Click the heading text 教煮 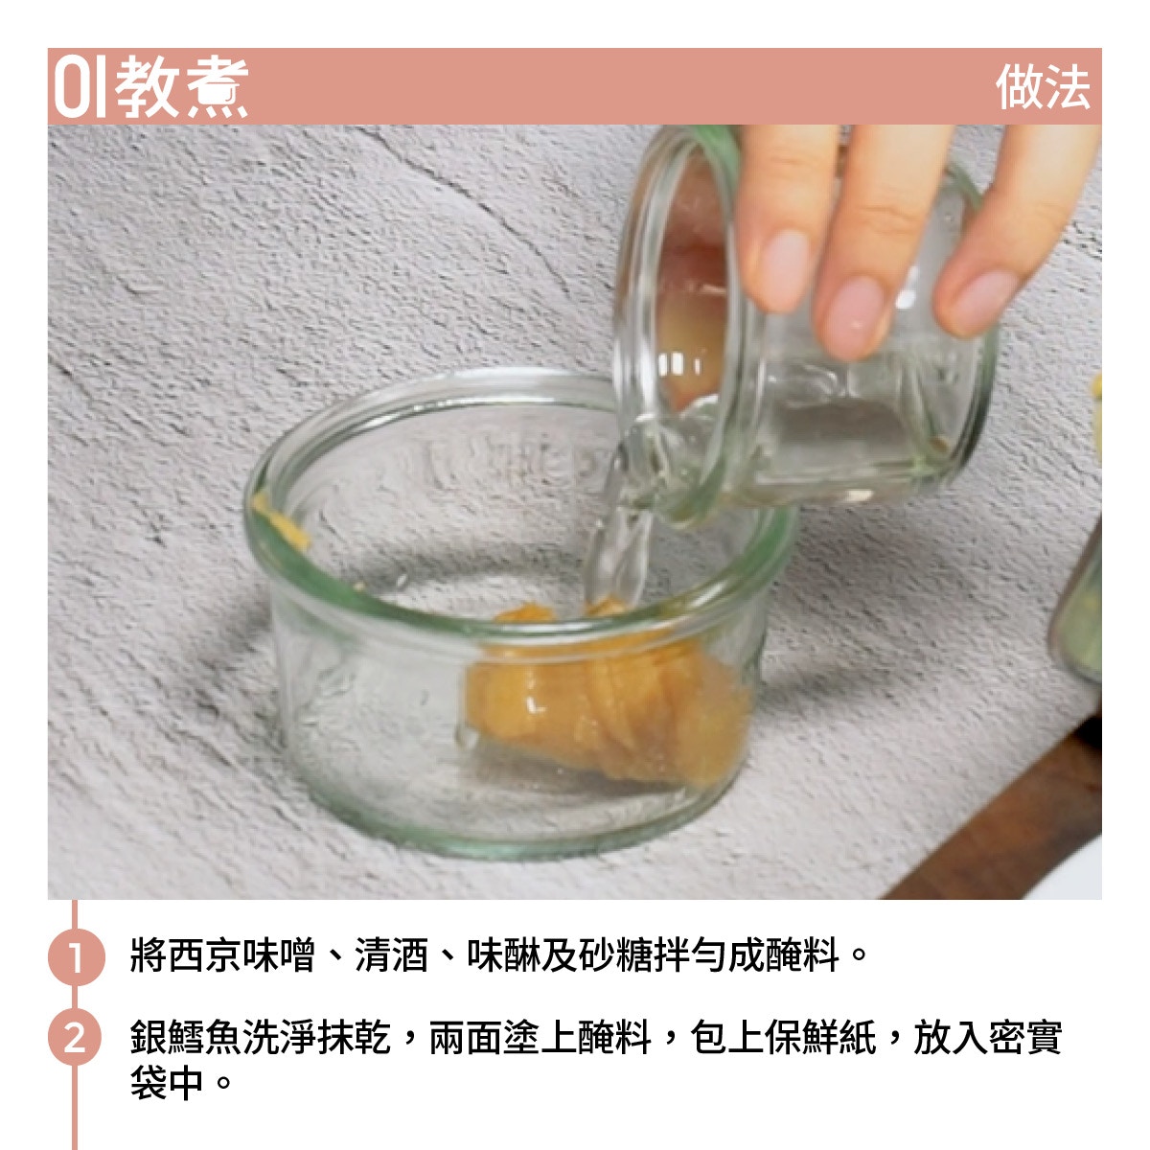[181, 87]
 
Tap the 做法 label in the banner [1043, 87]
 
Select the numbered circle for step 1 [76, 956]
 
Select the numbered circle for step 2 [76, 1037]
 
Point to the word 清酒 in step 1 [392, 955]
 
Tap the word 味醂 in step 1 [504, 955]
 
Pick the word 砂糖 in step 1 [615, 955]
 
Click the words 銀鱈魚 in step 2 [186, 1037]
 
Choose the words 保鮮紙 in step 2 [820, 1037]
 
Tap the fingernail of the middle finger [855, 317]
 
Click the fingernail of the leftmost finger [782, 269]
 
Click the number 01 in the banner [80, 87]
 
